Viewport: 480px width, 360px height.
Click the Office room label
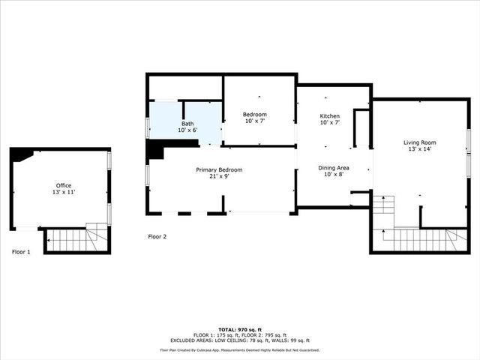[x=64, y=185]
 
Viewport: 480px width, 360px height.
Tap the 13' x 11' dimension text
[x=64, y=192]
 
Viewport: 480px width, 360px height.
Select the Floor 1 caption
[x=21, y=252]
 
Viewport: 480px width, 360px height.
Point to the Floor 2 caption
[x=157, y=237]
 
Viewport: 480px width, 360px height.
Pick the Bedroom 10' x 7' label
[x=254, y=117]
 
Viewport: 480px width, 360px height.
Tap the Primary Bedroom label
[x=219, y=170]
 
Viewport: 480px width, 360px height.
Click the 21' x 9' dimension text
[x=219, y=177]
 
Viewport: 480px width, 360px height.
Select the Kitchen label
[x=330, y=116]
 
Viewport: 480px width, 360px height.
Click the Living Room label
[x=419, y=142]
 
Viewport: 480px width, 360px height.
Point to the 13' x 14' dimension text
[x=419, y=149]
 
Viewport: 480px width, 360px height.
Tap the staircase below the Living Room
[x=420, y=240]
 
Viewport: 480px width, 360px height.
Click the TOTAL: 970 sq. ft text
[x=240, y=330]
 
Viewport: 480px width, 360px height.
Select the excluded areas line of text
[x=240, y=340]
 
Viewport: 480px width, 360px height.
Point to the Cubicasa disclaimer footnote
[x=240, y=349]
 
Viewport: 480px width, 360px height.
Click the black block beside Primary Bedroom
[x=155, y=151]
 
